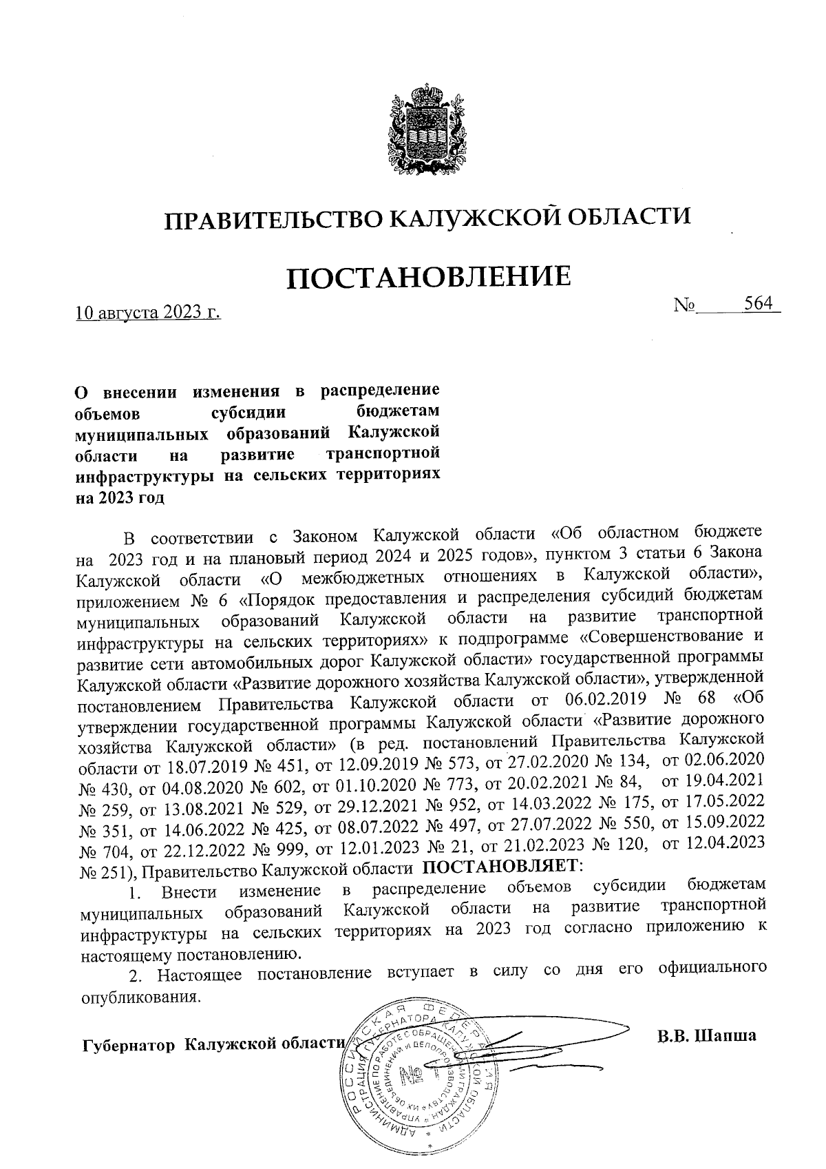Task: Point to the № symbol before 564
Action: (x=686, y=305)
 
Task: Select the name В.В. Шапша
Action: (x=706, y=1035)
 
